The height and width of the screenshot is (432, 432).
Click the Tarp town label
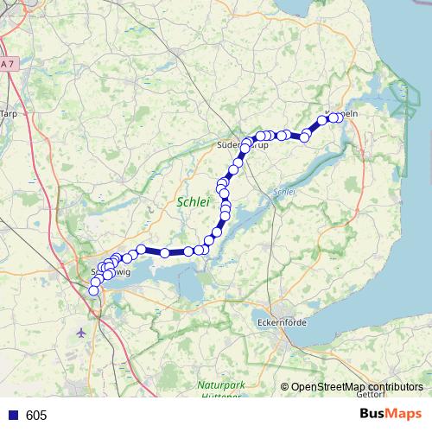[9, 113]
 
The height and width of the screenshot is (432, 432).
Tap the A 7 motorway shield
[8, 65]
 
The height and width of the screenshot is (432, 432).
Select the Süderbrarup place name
[245, 146]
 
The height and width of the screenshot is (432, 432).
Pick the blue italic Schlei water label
[284, 192]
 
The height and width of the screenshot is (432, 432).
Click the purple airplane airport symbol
[81, 331]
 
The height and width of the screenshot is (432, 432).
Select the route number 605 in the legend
[36, 416]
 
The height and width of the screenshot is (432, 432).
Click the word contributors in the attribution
[397, 387]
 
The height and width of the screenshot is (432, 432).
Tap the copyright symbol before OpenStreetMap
[284, 387]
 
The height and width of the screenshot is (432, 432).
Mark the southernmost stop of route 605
[94, 291]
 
